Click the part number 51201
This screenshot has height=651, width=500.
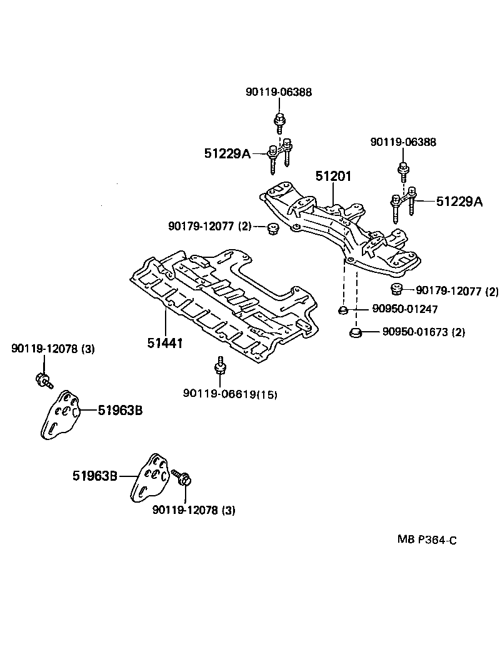pos(332,177)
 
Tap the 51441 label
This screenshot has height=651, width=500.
pos(165,342)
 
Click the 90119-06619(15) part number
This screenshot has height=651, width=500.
pos(230,394)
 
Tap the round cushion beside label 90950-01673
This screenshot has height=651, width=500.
pos(354,332)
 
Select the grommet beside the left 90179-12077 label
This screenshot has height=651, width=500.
pos(272,228)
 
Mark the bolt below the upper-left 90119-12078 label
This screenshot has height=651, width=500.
pos(44,379)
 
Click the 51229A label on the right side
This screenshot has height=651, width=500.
pos(459,201)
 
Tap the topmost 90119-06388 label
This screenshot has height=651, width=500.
pos(278,92)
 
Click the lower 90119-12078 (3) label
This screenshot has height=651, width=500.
pos(194,510)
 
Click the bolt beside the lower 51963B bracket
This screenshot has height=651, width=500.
pos(184,479)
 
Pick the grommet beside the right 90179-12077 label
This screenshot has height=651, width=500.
pos(395,289)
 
